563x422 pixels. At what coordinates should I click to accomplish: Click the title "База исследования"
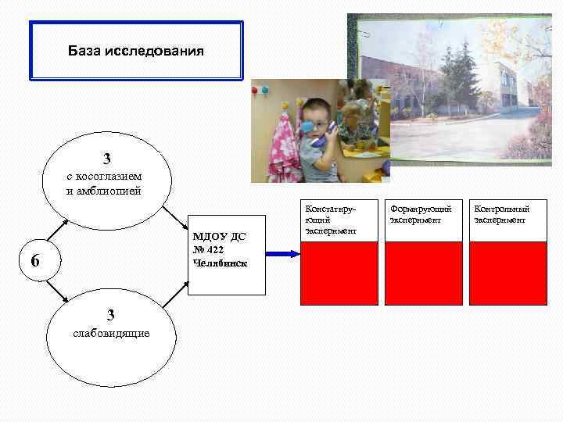click(x=136, y=52)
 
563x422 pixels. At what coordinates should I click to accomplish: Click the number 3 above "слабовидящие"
click(x=111, y=315)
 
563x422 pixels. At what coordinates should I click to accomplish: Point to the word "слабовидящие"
click(x=111, y=334)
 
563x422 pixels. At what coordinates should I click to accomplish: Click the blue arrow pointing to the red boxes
click(x=281, y=253)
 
